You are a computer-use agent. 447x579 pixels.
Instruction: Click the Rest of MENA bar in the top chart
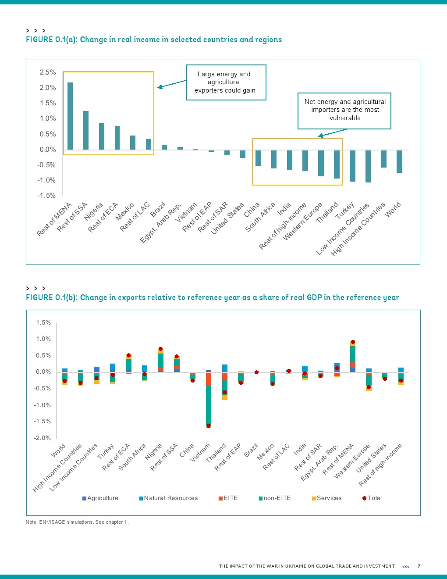tap(70, 116)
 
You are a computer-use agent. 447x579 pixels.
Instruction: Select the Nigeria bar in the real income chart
tap(102, 136)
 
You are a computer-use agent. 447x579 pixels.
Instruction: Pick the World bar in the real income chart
tap(399, 161)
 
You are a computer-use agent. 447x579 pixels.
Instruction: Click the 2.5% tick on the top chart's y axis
tap(48, 72)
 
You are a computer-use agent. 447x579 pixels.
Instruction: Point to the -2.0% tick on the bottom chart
tap(43, 438)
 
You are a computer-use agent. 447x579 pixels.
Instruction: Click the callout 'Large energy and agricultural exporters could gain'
tap(226, 82)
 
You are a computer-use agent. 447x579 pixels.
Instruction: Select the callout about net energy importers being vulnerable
tap(344, 110)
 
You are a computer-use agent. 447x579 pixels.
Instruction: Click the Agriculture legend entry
tap(100, 498)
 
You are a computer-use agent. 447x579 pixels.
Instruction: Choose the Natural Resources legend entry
tap(169, 498)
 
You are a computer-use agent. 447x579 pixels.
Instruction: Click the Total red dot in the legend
tap(364, 498)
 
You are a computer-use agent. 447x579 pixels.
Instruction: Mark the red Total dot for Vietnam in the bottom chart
tap(209, 426)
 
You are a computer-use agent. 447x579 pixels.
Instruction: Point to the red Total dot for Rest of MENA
tap(353, 342)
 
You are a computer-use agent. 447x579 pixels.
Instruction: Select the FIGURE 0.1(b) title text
tap(212, 297)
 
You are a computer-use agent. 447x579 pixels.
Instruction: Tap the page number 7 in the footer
tap(419, 566)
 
